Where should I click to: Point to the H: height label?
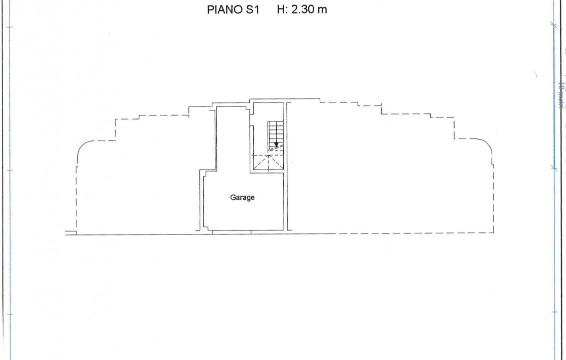(282, 9)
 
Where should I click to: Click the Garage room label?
(242, 197)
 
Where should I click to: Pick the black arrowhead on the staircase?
(276, 145)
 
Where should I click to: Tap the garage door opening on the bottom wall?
(231, 232)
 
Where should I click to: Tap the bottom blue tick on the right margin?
(554, 312)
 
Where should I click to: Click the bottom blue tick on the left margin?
(9, 314)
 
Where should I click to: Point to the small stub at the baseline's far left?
(70, 232)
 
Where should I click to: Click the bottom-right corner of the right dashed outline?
(493, 233)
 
